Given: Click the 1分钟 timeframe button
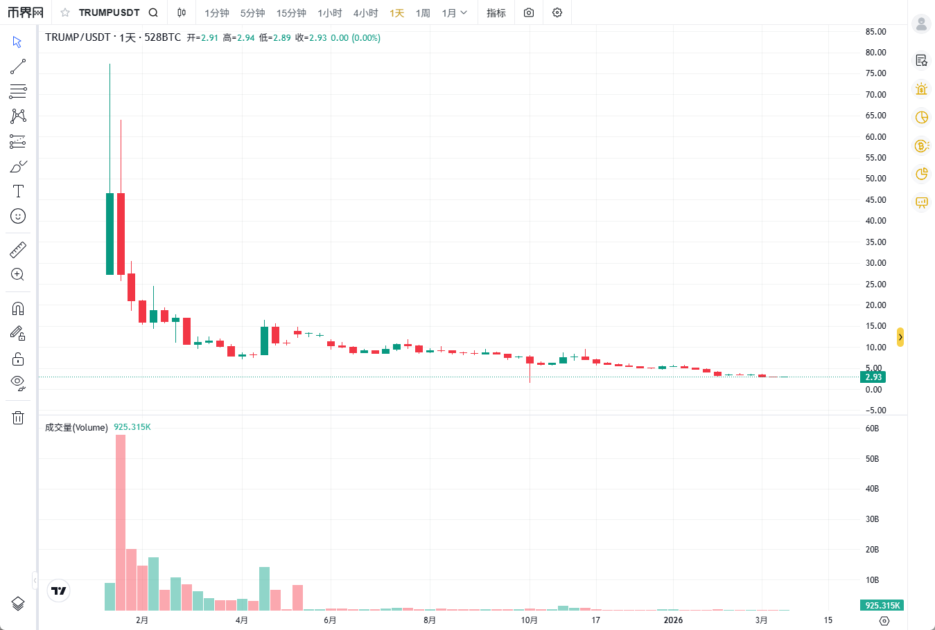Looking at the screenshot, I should coord(216,13).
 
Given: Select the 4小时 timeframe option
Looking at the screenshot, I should coord(365,13).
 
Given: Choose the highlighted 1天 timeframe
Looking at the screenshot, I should coord(396,13).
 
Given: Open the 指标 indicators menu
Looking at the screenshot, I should coord(496,13).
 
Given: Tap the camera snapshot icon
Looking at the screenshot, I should coord(529,12).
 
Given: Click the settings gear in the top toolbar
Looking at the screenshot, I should coord(557,12).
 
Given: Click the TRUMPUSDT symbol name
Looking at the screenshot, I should coord(109,12).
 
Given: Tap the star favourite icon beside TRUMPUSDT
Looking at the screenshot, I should coord(65,12).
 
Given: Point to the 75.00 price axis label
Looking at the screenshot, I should coord(875,73).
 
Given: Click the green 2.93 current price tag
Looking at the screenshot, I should coord(873,377).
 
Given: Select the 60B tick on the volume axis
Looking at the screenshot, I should coord(872,429).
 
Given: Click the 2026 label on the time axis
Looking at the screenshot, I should coord(673,620).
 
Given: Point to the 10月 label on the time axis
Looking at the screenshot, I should coord(529,620).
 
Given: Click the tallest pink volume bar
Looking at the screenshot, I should coord(121,523).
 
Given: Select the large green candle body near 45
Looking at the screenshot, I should coord(110,233).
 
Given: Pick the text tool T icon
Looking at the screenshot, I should coord(18,191).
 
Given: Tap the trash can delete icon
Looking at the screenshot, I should coord(18,417).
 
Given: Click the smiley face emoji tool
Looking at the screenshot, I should coord(18,216).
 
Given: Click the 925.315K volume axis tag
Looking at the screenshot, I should coord(882,606).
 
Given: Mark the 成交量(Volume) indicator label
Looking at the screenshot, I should coord(76,428).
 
